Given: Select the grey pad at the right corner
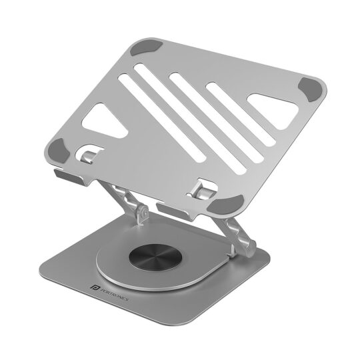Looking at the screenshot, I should [313, 89].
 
